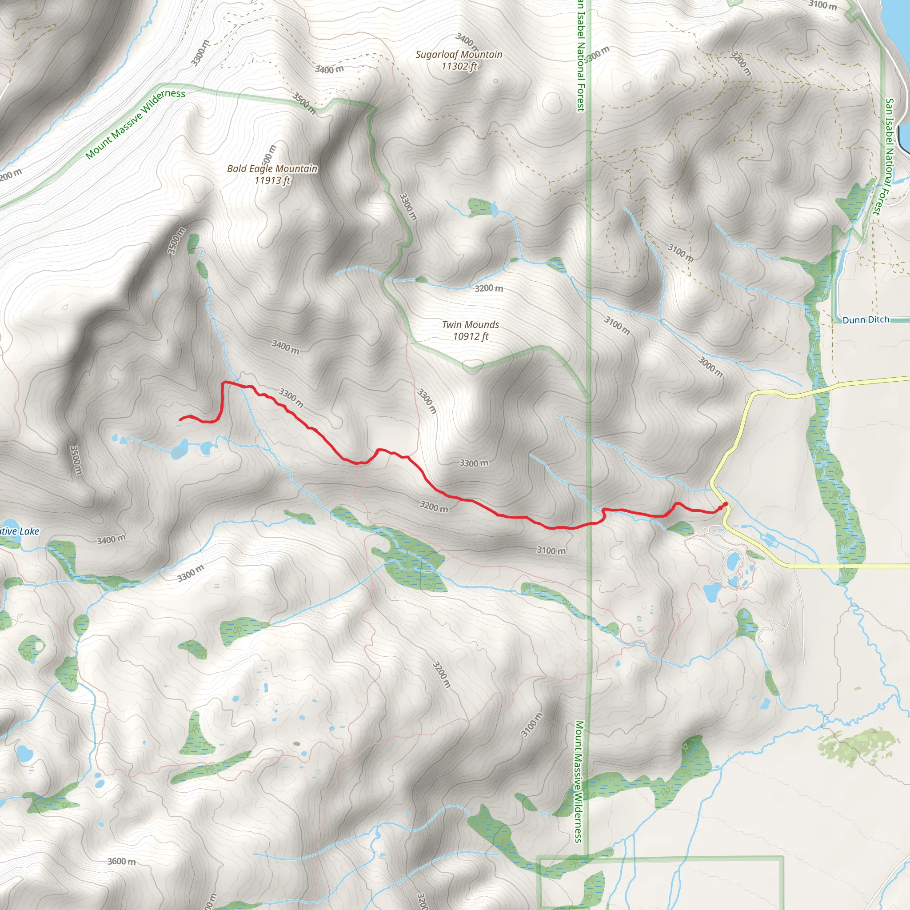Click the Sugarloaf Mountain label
tap(458, 55)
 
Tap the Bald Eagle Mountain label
tap(272, 168)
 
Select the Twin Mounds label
tap(470, 324)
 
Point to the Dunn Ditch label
tap(866, 320)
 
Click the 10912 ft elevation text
tap(471, 336)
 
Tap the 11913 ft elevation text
tap(272, 180)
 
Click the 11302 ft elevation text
tap(459, 66)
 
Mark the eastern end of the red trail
tap(726, 504)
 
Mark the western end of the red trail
tap(180, 419)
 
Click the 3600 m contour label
tap(121, 862)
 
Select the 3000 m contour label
tap(710, 367)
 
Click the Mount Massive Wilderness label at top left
tap(135, 124)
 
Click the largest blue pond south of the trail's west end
tap(179, 449)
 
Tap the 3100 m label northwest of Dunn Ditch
tap(680, 253)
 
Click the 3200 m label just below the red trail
tap(434, 507)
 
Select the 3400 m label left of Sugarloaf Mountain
tap(329, 70)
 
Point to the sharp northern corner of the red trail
tap(223, 383)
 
